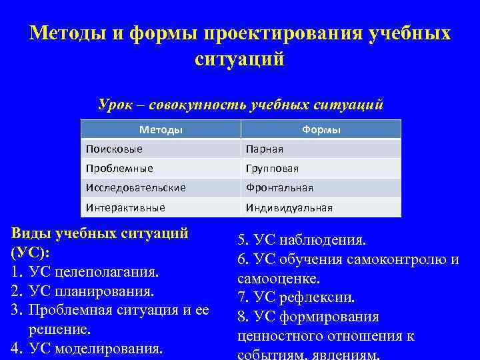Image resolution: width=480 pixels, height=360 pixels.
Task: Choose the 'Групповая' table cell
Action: (x=272, y=169)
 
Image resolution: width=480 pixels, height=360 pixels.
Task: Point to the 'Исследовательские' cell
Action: (x=135, y=188)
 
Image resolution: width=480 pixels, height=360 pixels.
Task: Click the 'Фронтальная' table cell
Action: (x=279, y=188)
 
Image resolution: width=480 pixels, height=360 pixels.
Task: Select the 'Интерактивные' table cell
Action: (x=125, y=207)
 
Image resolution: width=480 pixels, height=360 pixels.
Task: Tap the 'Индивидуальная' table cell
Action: (x=289, y=207)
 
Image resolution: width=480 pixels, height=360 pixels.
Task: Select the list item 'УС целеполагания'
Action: (x=94, y=272)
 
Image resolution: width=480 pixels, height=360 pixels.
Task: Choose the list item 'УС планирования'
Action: (x=91, y=291)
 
